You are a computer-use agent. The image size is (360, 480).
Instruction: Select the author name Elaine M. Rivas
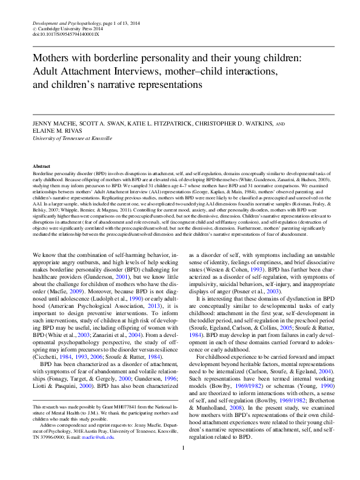pyautogui.click(x=56, y=131)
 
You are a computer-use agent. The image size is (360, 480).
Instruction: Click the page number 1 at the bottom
pyautogui.click(x=182, y=465)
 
